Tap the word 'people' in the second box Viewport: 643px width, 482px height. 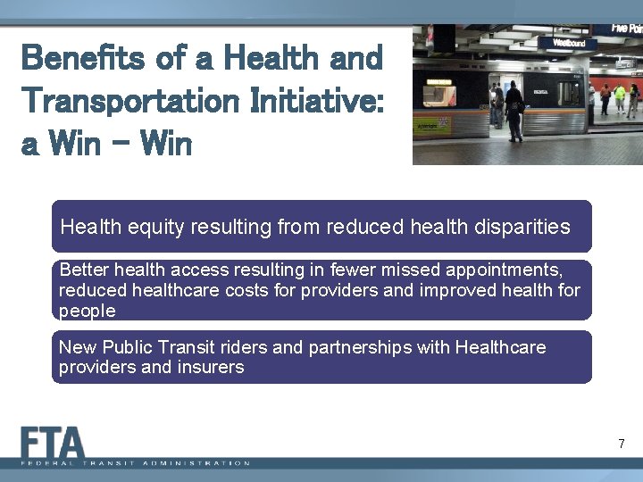tap(88, 311)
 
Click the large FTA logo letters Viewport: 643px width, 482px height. tap(54, 443)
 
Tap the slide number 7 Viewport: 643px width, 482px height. tap(621, 444)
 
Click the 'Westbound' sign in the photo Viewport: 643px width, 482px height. tap(570, 42)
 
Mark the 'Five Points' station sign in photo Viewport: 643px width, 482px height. tap(626, 29)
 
